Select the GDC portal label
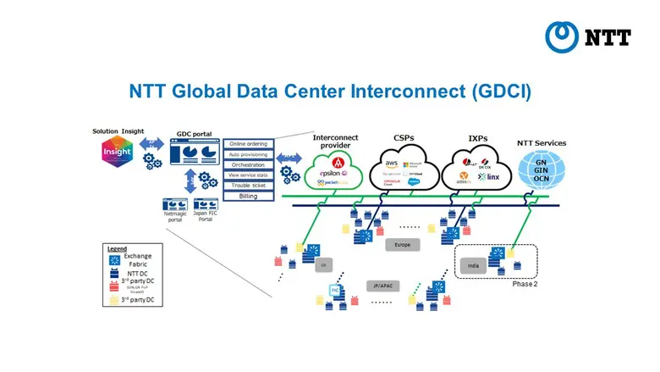[194, 135]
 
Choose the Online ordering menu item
[249, 143]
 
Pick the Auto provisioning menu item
[249, 154]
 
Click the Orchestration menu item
[249, 164]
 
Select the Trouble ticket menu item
[249, 185]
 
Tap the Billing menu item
[249, 196]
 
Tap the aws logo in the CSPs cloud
[392, 163]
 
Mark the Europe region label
[402, 244]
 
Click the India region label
[473, 264]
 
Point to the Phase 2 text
[525, 284]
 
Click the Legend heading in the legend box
[117, 249]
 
